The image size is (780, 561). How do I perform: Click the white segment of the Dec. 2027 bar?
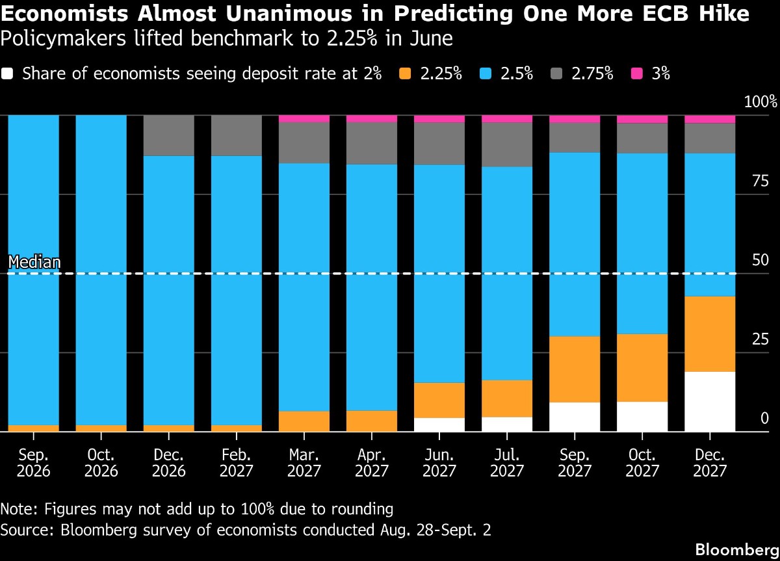(x=710, y=402)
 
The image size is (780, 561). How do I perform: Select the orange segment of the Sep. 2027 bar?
(x=575, y=369)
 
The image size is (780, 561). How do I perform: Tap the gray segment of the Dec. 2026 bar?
(x=169, y=135)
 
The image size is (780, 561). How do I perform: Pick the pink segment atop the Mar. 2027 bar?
(x=304, y=119)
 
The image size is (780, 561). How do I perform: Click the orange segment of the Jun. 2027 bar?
(x=439, y=400)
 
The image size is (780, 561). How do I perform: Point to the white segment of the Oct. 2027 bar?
(x=642, y=417)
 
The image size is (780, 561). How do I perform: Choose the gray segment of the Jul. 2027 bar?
(x=507, y=144)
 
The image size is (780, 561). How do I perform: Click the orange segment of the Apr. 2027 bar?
(x=372, y=421)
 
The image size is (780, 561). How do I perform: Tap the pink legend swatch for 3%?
(x=636, y=74)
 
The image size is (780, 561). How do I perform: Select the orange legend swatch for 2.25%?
(x=405, y=74)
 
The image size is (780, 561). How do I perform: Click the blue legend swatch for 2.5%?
(x=486, y=74)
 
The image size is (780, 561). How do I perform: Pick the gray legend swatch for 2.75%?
(x=556, y=74)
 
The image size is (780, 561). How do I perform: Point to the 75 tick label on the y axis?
(x=760, y=181)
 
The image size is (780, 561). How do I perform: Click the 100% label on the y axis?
(x=760, y=101)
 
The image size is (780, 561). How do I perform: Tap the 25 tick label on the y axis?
(x=760, y=339)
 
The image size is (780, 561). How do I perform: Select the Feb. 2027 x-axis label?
(x=237, y=463)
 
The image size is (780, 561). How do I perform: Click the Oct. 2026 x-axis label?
(x=101, y=463)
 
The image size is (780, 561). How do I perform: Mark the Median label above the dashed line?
(x=34, y=262)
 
